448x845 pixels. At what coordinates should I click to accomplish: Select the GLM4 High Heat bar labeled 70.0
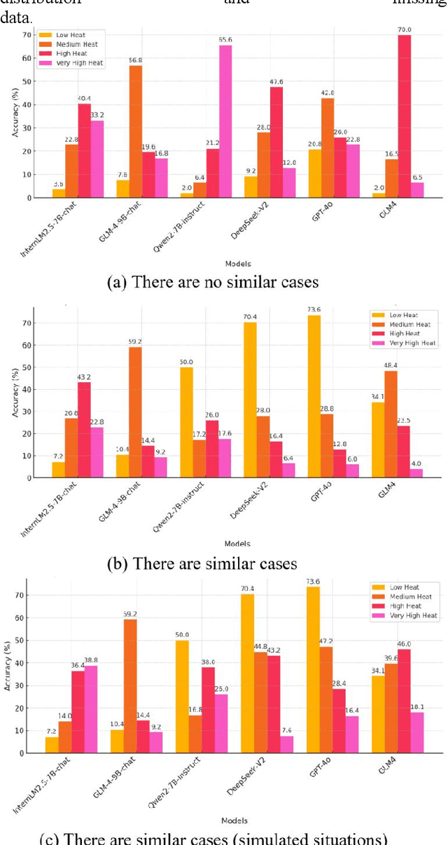click(x=404, y=116)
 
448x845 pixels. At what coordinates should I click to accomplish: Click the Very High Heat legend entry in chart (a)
click(x=73, y=63)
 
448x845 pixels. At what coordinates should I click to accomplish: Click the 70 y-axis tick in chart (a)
click(x=27, y=35)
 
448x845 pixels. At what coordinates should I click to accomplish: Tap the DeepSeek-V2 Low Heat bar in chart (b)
click(x=269, y=400)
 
